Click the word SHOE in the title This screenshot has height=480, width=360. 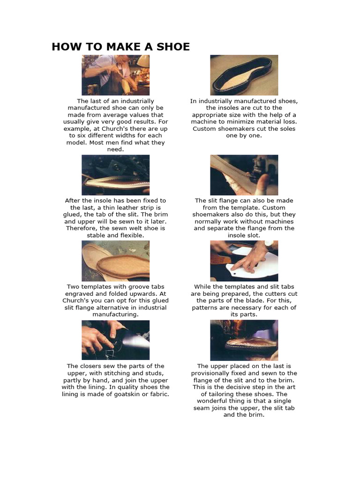pyautogui.click(x=173, y=46)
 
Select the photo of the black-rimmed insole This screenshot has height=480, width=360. pyautogui.click(x=244, y=75)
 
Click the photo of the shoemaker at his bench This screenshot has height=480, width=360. pyautogui.click(x=115, y=75)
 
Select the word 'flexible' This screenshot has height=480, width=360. pyautogui.click(x=128, y=235)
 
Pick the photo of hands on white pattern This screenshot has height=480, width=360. pyautogui.click(x=244, y=261)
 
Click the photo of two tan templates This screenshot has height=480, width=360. pyautogui.click(x=115, y=261)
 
